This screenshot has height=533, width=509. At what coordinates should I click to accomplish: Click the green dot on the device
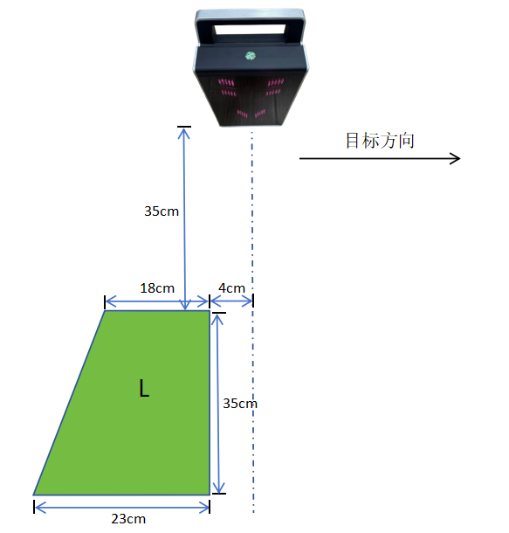[251, 55]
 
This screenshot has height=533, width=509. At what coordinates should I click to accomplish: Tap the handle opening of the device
[250, 29]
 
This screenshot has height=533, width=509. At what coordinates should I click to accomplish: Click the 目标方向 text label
[380, 141]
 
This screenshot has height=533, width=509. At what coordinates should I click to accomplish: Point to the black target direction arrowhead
[455, 158]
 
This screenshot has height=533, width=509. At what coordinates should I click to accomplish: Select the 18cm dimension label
[157, 288]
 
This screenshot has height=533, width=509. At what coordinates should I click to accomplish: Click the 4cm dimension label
[231, 288]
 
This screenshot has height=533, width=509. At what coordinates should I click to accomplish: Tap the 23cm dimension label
[128, 519]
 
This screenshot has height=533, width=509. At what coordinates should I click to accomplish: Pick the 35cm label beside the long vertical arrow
[162, 211]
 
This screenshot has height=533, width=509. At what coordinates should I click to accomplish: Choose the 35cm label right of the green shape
[240, 404]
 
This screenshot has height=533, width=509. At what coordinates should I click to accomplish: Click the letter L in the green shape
[144, 389]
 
